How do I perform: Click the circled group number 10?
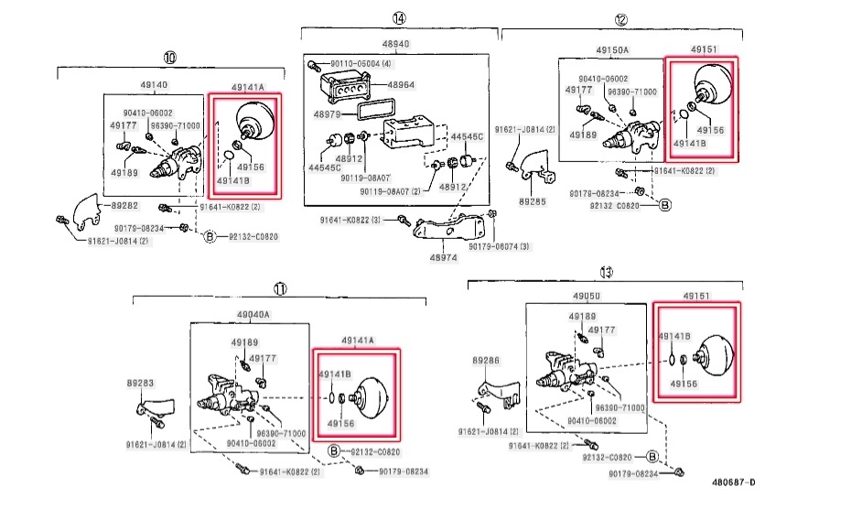point(169,57)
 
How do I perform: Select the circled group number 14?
point(398,18)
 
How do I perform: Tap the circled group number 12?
point(621,19)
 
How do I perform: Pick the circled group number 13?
point(606,272)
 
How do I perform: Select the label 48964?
point(401,84)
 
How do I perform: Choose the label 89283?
point(140,385)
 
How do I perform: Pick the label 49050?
point(587,297)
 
